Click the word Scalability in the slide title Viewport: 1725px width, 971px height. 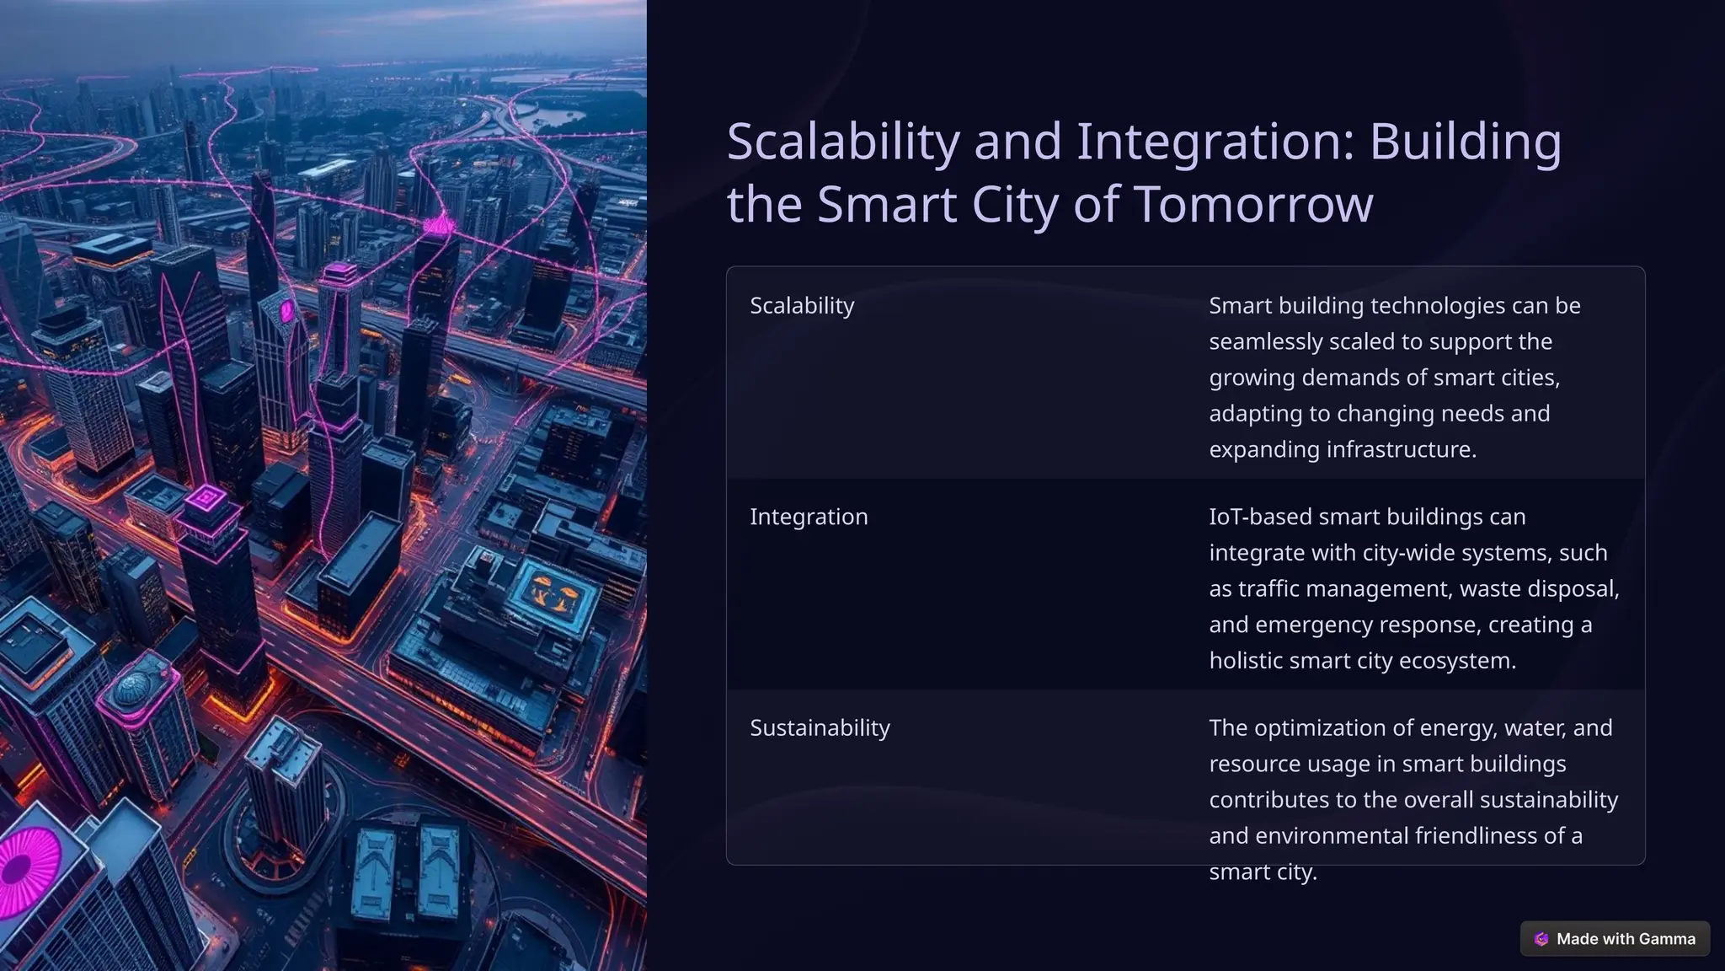[842, 142]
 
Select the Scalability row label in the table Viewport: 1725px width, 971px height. [802, 306]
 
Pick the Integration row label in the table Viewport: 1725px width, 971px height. [809, 517]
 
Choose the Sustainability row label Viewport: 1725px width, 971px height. [820, 728]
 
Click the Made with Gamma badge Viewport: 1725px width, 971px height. [1615, 939]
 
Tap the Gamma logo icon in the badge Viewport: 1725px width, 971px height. [1541, 939]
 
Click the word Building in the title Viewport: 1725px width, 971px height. [1465, 142]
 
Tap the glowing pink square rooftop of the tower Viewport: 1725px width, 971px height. [206, 500]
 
